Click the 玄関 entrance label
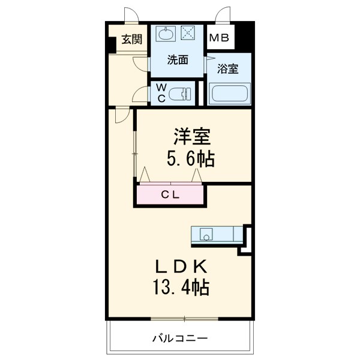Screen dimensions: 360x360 (131, 40)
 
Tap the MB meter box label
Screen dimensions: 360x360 (218, 38)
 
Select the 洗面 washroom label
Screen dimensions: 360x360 (178, 59)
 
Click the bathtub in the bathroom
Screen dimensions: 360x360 (229, 94)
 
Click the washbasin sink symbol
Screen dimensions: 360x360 (165, 35)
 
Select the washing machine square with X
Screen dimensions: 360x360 (190, 35)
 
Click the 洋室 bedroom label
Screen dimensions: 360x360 (192, 137)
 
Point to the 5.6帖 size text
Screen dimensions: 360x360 (191, 160)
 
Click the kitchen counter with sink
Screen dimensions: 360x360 (217, 235)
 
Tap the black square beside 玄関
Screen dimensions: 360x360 (112, 45)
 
